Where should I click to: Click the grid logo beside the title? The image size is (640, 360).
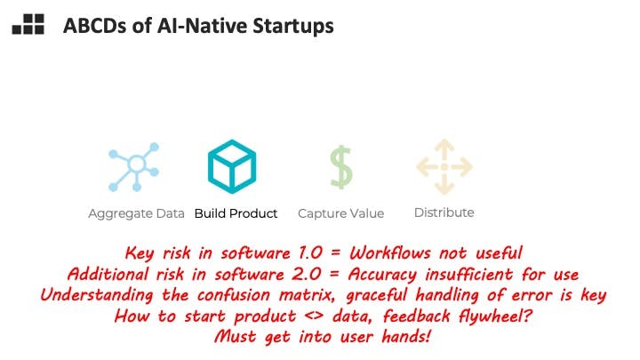(28, 24)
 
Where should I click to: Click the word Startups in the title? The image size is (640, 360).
(293, 26)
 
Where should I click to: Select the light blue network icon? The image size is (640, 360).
(133, 167)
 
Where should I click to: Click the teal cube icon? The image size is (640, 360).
(232, 166)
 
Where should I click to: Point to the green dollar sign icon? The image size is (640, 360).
(340, 167)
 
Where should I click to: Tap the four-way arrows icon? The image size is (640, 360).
(444, 166)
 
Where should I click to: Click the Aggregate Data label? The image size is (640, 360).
(136, 213)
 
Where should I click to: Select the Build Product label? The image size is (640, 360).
(236, 213)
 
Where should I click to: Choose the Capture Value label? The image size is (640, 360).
(340, 213)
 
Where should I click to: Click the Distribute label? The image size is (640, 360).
(444, 212)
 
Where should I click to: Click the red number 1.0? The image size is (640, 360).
(310, 253)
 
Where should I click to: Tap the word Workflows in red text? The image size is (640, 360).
(390, 253)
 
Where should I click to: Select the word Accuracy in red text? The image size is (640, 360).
(382, 275)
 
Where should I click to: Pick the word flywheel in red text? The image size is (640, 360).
(495, 316)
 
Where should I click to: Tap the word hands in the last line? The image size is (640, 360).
(406, 337)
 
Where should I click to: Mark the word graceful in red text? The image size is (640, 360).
(377, 295)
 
